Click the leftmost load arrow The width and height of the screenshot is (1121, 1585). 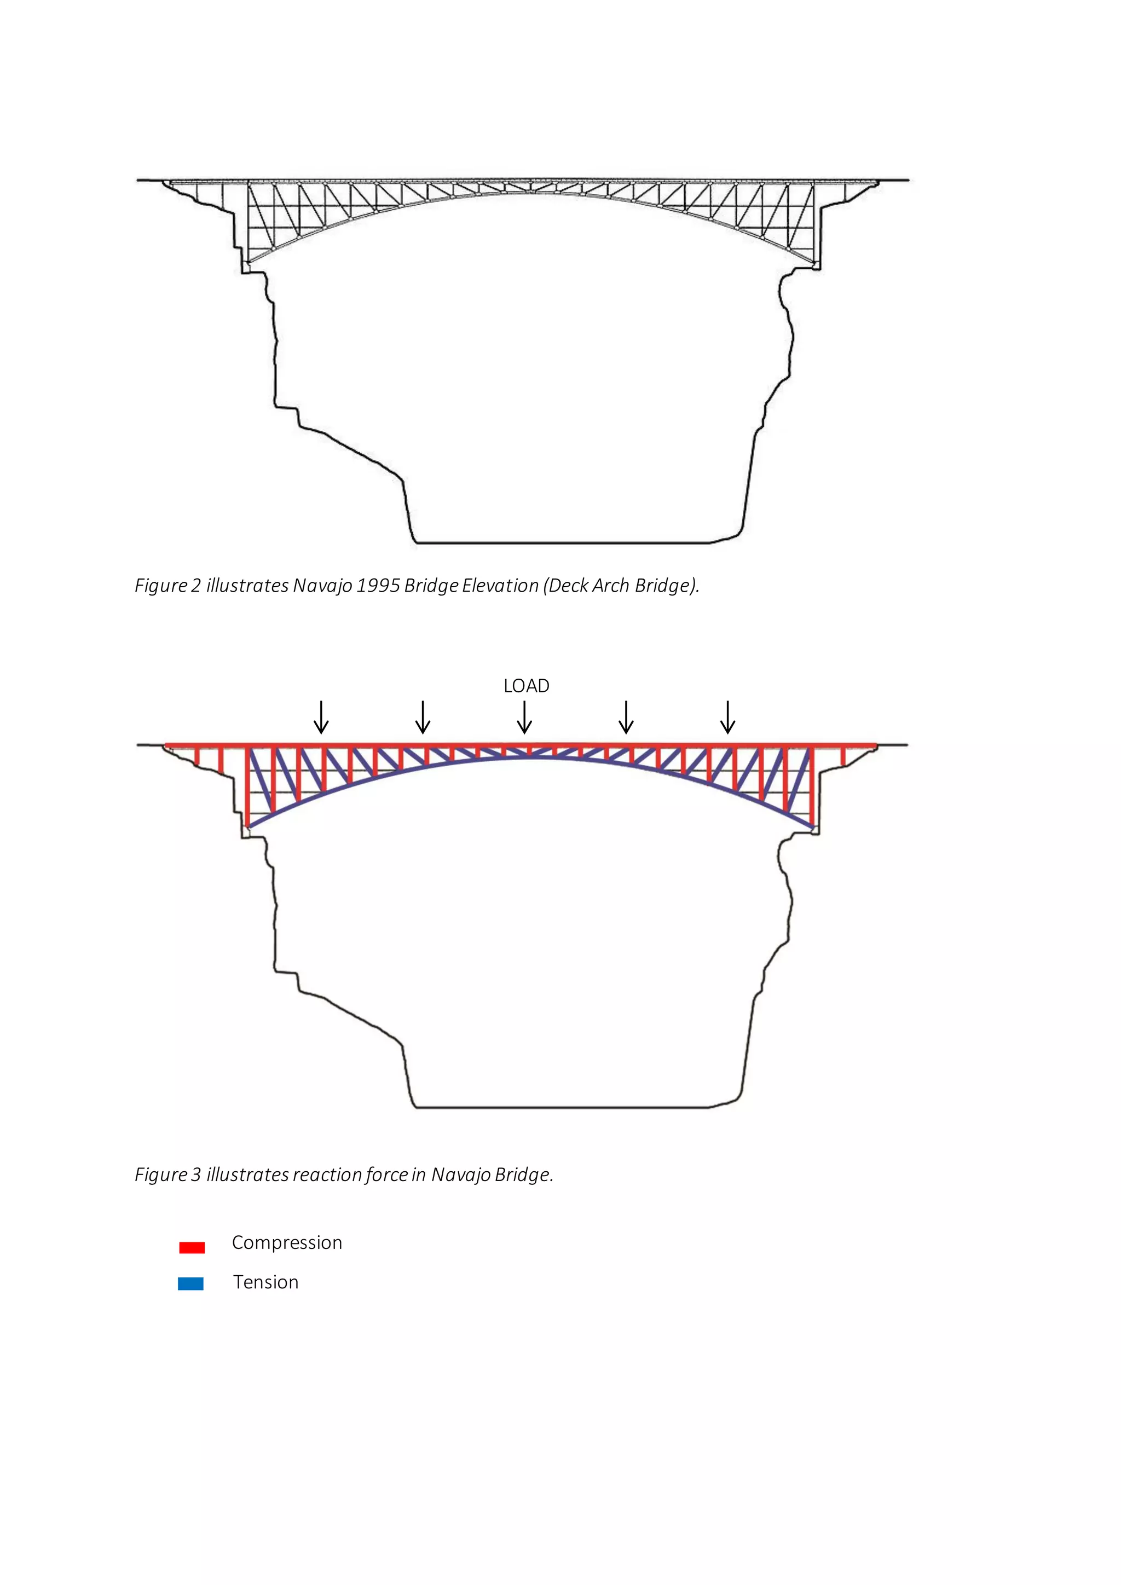321,718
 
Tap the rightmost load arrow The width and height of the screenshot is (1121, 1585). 727,718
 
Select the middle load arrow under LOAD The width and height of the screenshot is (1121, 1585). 524,718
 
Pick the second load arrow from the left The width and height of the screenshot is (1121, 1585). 423,718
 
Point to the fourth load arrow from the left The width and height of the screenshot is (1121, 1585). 626,718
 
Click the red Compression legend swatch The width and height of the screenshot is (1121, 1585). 192,1247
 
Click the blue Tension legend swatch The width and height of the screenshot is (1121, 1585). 190,1284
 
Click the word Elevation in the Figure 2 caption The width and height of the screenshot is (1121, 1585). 500,586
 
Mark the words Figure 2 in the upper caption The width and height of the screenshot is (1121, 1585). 167,586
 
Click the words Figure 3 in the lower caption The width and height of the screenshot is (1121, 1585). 167,1175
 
